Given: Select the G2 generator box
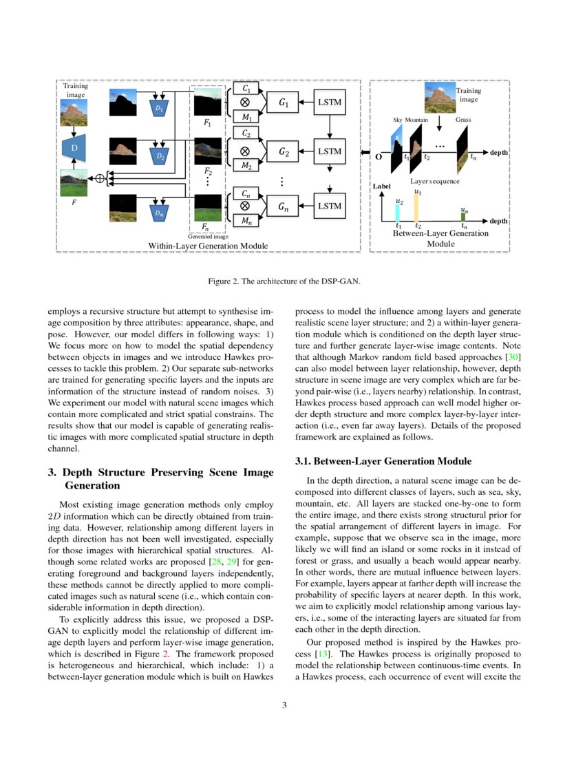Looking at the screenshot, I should (x=284, y=151).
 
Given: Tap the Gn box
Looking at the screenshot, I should (x=284, y=206).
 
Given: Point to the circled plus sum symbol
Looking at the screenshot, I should (x=100, y=178).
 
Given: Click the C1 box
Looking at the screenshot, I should (x=246, y=89).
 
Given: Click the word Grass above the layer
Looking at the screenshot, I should (x=463, y=120).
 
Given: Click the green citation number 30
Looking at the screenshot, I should (x=511, y=359).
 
